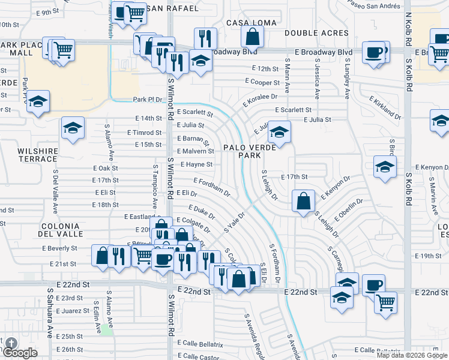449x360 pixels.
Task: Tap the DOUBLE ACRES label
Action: pyautogui.click(x=316, y=33)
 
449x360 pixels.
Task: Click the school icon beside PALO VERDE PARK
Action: pyautogui.click(x=279, y=132)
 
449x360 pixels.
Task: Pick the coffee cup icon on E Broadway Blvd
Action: pyautogui.click(x=376, y=52)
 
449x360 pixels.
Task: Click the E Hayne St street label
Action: pyautogui.click(x=196, y=164)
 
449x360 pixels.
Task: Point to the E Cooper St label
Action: pyautogui.click(x=262, y=82)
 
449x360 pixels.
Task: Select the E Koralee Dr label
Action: pyautogui.click(x=260, y=100)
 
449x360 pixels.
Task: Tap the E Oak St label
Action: pyautogui.click(x=105, y=169)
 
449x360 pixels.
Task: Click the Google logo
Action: pyautogui.click(x=20, y=352)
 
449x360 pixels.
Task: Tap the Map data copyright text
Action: pyautogui.click(x=411, y=355)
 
